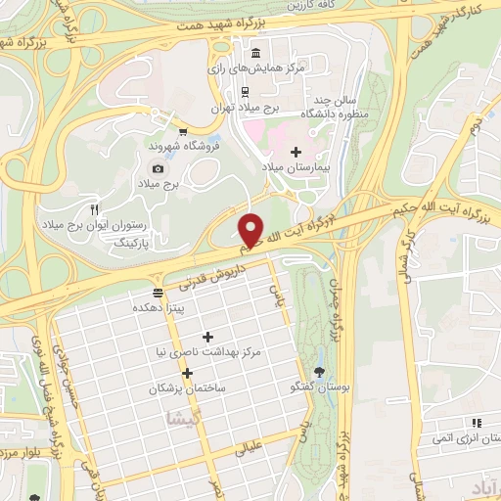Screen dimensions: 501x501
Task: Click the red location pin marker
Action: [x=251, y=229]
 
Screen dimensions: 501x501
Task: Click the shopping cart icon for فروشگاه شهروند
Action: [x=182, y=129]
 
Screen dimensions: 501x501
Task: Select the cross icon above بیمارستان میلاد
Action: [x=296, y=151]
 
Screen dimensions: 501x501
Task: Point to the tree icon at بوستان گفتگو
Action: [x=320, y=371]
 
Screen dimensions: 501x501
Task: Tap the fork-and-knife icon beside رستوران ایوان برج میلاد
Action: [x=95, y=209]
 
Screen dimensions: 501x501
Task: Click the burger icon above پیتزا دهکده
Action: [x=159, y=293]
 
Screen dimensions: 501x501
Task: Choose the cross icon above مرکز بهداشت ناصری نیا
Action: [x=207, y=336]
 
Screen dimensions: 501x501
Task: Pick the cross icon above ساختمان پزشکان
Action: [x=187, y=373]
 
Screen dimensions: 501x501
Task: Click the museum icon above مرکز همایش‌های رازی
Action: [x=255, y=53]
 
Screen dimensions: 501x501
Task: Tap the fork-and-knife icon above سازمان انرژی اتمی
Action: [x=477, y=423]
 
